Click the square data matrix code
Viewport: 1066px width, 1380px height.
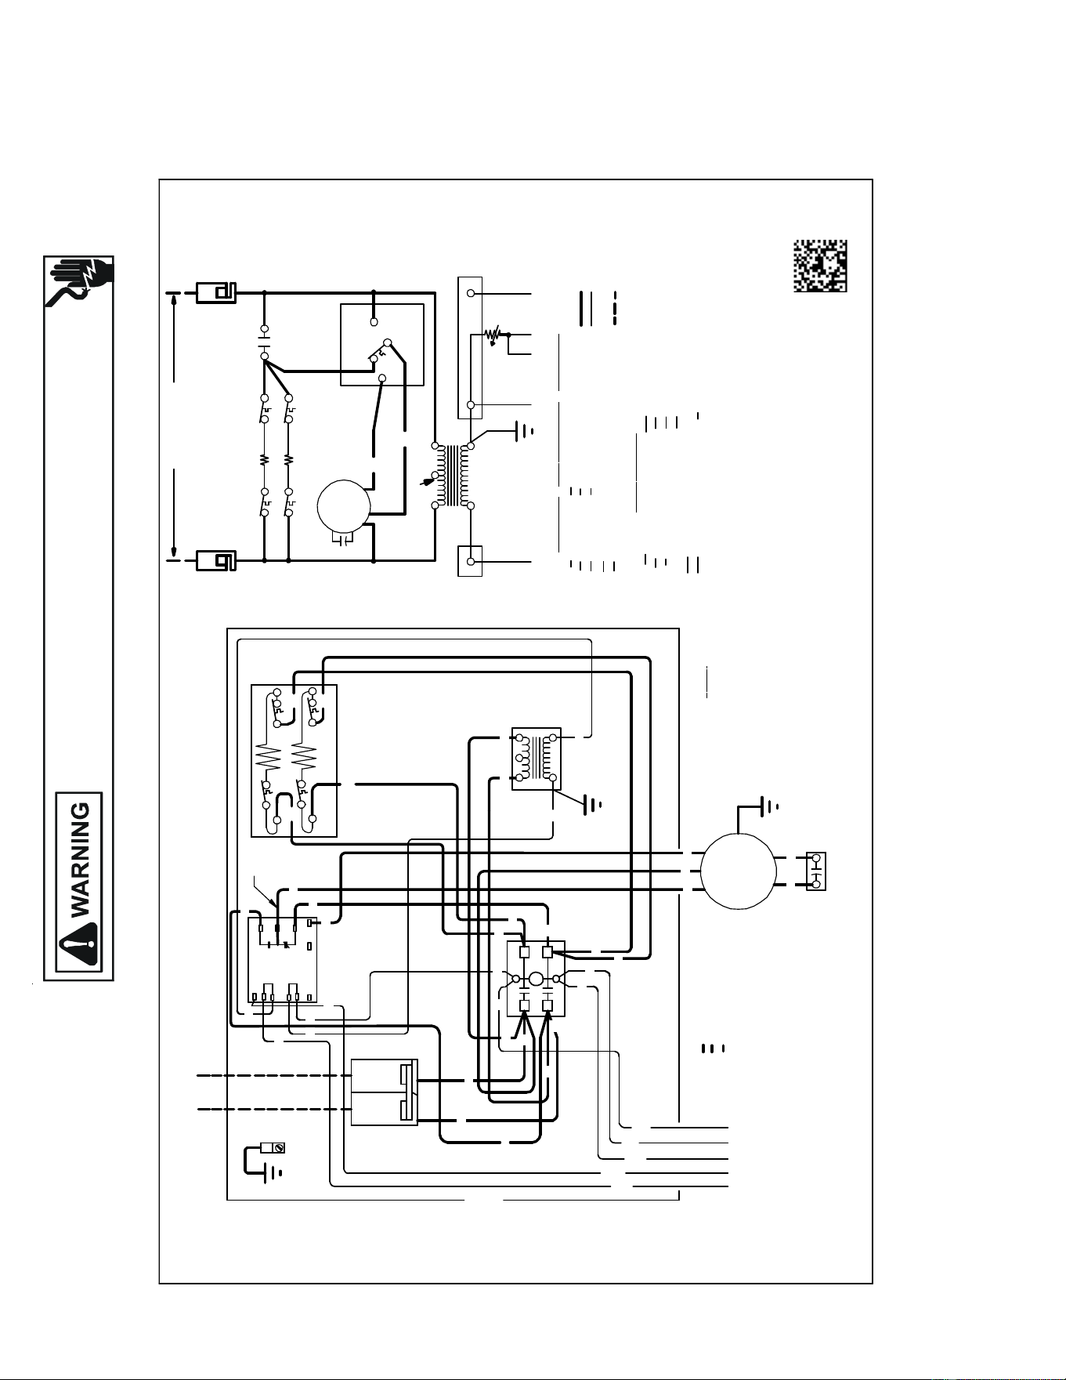click(x=820, y=266)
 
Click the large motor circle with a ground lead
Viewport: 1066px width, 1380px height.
click(x=738, y=871)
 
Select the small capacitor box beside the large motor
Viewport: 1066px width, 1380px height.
click(x=815, y=871)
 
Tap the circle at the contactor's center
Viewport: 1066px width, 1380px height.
click(x=536, y=979)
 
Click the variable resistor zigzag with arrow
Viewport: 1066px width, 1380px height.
click(x=493, y=335)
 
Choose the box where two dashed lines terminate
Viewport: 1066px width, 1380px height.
click(x=384, y=1092)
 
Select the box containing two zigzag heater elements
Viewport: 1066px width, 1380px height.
click(x=294, y=760)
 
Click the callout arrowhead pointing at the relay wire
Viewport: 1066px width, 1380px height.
click(x=274, y=904)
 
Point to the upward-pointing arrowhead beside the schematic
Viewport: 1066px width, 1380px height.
click(x=173, y=296)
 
